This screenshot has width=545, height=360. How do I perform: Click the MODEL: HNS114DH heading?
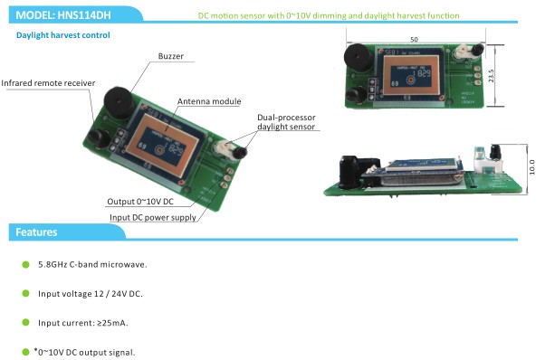63,15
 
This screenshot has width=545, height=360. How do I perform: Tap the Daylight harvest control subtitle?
62,35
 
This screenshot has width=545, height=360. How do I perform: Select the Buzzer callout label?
171,56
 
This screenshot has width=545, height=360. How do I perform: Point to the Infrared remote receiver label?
48,83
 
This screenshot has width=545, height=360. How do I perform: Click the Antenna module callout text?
209,101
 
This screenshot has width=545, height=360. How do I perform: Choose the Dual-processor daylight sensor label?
286,122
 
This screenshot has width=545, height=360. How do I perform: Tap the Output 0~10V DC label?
140,202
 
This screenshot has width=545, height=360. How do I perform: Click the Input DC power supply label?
153,218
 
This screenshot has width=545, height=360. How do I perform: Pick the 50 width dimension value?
414,39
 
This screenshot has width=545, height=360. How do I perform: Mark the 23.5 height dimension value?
491,76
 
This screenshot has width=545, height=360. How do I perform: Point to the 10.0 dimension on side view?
531,167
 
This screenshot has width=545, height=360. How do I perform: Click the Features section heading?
36,232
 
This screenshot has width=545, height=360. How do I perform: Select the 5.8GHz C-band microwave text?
92,264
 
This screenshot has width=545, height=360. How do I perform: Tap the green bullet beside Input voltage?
25,294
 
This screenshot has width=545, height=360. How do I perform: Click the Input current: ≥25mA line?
83,323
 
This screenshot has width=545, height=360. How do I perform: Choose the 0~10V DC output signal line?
84,352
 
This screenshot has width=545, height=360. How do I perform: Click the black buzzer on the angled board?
119,102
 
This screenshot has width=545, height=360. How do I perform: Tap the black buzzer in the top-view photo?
359,57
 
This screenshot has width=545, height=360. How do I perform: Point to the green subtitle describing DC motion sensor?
329,15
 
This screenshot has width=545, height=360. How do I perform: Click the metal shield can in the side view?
421,179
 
